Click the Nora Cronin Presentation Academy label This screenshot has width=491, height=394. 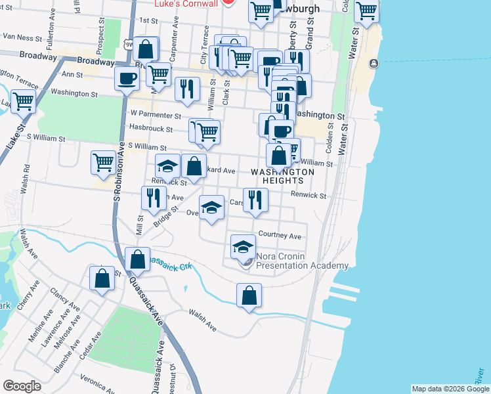[301, 261]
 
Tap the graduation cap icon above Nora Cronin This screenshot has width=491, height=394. [243, 246]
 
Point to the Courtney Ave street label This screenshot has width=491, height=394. [280, 235]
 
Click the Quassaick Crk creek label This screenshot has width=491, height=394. [169, 263]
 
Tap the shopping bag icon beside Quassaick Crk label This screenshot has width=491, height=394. [138, 259]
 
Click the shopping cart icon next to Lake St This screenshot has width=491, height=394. [23, 101]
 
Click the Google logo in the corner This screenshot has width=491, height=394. [22, 385]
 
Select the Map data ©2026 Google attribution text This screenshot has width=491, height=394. [450, 389]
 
